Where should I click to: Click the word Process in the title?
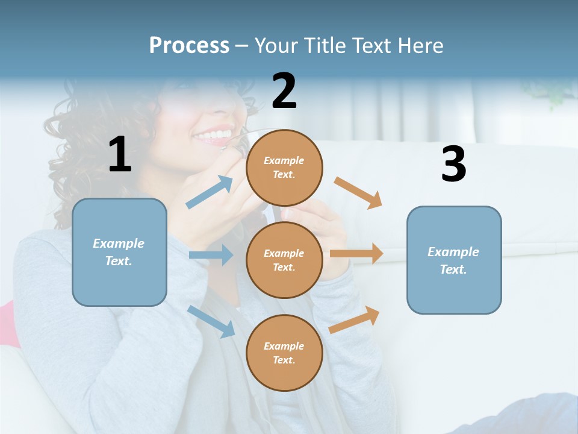click(189, 45)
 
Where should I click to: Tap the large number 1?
click(120, 154)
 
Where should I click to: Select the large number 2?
click(284, 91)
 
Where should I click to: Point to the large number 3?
click(453, 165)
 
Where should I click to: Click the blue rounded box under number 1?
click(119, 252)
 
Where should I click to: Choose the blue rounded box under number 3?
click(454, 260)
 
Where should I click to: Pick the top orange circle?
click(284, 168)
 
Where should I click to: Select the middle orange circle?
click(284, 260)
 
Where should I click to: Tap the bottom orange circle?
click(284, 353)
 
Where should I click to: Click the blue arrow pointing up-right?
click(210, 192)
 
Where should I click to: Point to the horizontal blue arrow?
click(211, 255)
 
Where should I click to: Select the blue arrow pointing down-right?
click(211, 321)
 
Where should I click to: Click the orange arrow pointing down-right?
click(358, 192)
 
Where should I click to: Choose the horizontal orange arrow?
click(356, 254)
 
